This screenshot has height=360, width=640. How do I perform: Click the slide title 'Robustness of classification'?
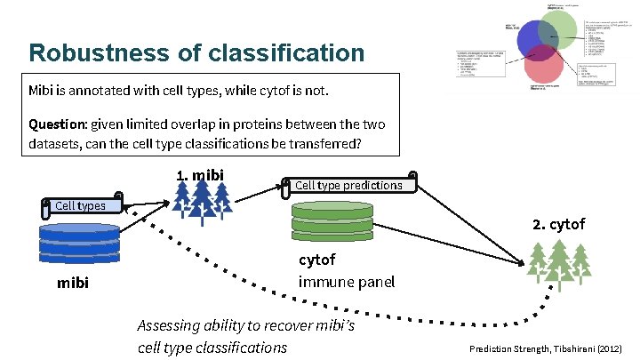tap(196, 52)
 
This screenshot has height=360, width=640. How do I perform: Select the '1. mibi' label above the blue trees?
tap(200, 174)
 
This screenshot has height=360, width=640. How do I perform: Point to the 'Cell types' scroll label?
tap(80, 206)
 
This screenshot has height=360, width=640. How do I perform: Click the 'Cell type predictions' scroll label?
tap(348, 185)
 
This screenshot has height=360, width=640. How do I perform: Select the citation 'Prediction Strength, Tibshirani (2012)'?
tap(546, 349)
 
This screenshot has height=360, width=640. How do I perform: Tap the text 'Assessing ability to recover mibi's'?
tap(246, 325)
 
